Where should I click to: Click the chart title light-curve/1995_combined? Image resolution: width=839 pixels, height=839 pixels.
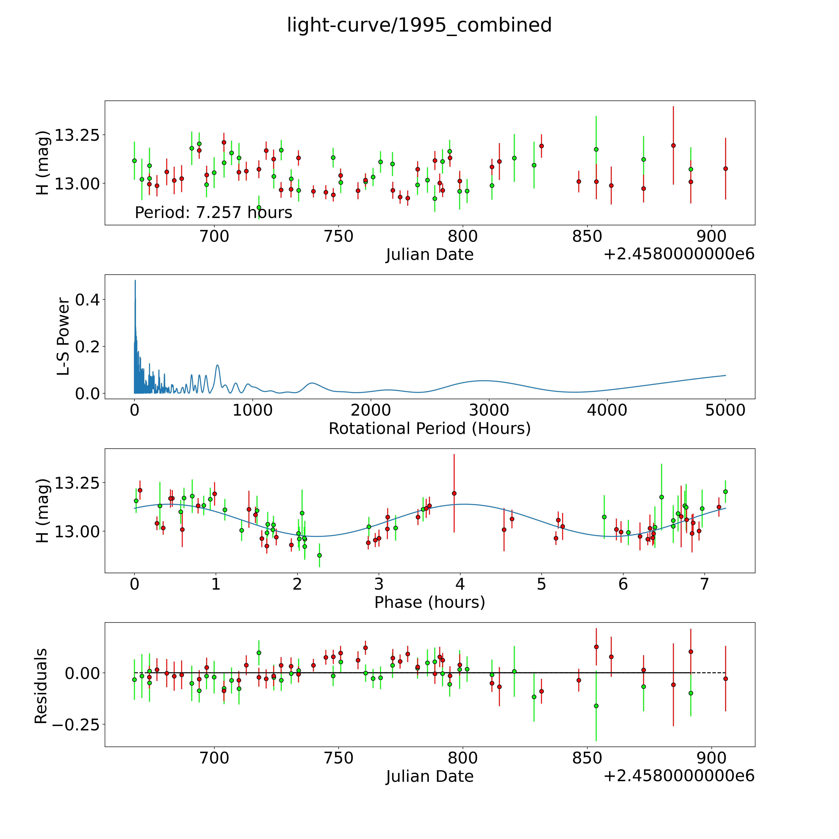coord(419,25)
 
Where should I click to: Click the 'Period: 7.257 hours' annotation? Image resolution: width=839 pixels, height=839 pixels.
coord(213,212)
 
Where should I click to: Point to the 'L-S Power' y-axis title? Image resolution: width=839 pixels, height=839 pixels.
coord(63,337)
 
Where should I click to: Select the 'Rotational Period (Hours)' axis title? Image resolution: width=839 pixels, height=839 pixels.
coord(429,429)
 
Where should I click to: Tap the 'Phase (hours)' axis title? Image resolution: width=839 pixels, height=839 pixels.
coord(429,602)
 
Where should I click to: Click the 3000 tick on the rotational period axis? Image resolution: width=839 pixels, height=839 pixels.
coord(489,410)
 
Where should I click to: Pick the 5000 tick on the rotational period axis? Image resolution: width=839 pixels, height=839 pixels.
coord(725,410)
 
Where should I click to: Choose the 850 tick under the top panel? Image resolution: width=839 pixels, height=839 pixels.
coord(587,237)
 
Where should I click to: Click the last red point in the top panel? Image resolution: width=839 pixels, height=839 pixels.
coord(725,168)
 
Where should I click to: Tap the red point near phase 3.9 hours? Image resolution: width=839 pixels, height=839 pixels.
coord(454,493)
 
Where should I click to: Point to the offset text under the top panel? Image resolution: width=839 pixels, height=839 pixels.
coord(679,254)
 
